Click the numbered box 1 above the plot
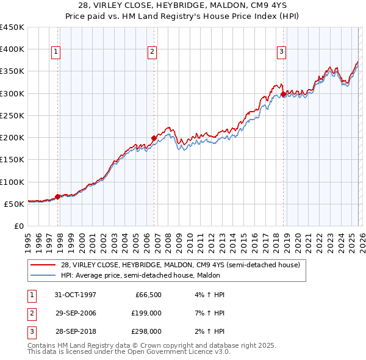(x=56, y=52)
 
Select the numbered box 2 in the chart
(x=151, y=52)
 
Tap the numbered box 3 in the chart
(x=281, y=52)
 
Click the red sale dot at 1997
(x=58, y=196)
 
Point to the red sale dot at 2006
(x=154, y=138)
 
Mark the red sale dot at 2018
(x=284, y=94)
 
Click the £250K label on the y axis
(x=12, y=115)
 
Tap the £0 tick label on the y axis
(x=19, y=226)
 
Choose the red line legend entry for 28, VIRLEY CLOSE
(x=180, y=265)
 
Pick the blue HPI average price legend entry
(x=168, y=275)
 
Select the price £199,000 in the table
(x=146, y=313)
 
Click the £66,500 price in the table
(x=148, y=294)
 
